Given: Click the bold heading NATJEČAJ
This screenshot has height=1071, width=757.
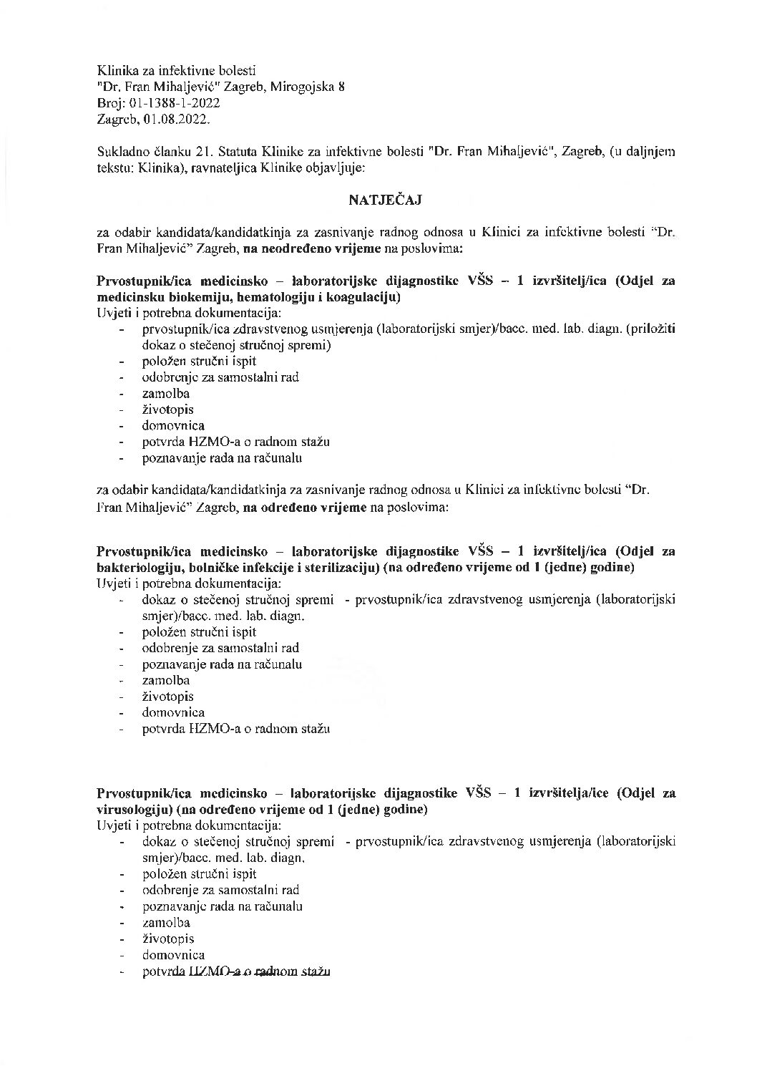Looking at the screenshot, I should (385, 200).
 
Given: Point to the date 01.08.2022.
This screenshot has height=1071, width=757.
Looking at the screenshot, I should (177, 120).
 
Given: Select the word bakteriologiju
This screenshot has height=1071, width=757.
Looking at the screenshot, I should (137, 568).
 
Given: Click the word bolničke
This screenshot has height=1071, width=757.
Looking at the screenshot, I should (210, 568).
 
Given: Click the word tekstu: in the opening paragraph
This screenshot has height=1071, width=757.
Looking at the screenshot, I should (114, 168).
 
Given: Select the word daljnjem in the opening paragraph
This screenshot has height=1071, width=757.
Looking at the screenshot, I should (652, 152).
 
